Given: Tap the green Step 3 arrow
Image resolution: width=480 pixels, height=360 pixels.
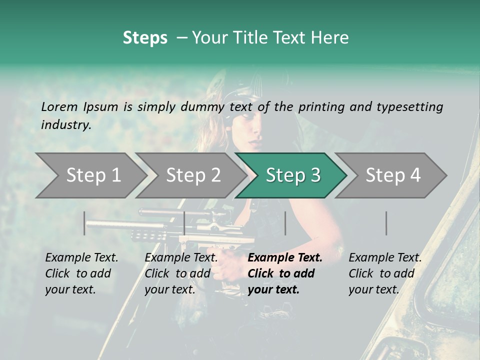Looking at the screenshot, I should coord(292,175).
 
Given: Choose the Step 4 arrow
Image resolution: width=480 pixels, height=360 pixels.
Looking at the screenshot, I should coord(392,175).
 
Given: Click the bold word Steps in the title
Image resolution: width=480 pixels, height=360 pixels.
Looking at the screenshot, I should coord(145,38).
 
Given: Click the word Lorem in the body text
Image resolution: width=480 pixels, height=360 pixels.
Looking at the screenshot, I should coord(59,106).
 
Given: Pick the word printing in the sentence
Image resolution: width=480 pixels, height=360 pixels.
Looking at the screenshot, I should coord(320,106).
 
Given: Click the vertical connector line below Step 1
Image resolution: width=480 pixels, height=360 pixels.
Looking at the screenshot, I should coord(84,223).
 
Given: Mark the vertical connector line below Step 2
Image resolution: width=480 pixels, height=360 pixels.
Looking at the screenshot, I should coord(184,223).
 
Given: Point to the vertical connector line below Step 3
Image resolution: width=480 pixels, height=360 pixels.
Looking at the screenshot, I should coord(285,223).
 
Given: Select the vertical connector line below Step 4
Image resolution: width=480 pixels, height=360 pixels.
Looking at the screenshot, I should coord(386,223).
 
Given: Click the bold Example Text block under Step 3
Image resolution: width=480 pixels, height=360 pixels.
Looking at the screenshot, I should coord(285,273).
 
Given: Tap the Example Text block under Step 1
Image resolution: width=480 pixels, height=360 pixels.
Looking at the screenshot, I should coord(81,273).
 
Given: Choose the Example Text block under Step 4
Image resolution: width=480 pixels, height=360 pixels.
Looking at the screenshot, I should coord(385,273).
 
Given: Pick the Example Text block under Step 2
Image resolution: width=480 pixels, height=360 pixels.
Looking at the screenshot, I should coord(181,273).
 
